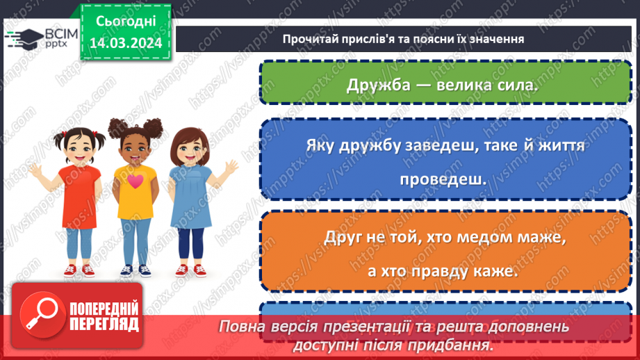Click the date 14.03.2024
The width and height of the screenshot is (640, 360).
[x=126, y=43]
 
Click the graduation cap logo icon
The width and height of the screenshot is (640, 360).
[x=23, y=38]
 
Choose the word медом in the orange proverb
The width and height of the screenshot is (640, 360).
[x=475, y=237]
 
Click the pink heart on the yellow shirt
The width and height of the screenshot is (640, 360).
[x=135, y=181]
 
